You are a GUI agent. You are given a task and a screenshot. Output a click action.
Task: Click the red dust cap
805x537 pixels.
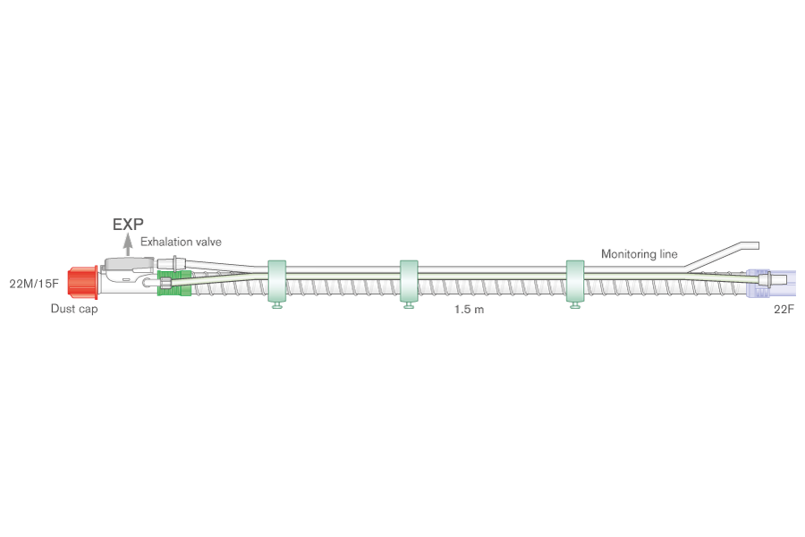point(82,282)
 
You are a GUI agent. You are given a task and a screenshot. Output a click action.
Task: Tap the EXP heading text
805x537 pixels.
point(128,225)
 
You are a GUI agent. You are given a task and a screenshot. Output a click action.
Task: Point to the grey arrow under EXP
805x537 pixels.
point(128,244)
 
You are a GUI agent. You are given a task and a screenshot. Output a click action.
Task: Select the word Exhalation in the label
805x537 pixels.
point(165,242)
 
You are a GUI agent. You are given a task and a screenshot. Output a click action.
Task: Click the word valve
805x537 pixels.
point(207,242)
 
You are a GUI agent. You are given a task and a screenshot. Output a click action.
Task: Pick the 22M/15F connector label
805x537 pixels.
point(34,284)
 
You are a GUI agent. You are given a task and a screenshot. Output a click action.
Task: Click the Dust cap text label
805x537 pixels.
point(74,309)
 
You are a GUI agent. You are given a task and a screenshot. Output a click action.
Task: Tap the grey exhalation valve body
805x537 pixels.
point(129,265)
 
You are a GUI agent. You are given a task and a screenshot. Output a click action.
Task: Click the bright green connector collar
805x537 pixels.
point(174,283)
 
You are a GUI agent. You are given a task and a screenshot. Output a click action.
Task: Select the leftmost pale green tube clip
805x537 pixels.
point(276,280)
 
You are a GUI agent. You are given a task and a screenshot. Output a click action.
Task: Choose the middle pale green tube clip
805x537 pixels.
point(409,280)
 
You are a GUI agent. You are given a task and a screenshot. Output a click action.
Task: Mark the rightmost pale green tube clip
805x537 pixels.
point(575,280)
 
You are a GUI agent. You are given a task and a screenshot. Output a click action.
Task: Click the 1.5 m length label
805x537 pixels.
point(469,310)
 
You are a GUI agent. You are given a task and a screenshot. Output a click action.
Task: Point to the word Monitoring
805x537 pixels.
point(629,254)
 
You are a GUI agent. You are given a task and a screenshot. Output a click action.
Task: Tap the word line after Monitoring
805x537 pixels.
point(668,254)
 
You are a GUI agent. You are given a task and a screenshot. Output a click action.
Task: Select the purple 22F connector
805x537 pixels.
point(771,283)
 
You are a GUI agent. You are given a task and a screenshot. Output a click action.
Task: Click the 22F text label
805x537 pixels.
point(784,310)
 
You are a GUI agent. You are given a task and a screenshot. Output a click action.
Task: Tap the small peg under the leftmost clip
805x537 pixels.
point(277,306)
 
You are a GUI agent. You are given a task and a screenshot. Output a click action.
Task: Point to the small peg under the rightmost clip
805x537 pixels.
point(575,306)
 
